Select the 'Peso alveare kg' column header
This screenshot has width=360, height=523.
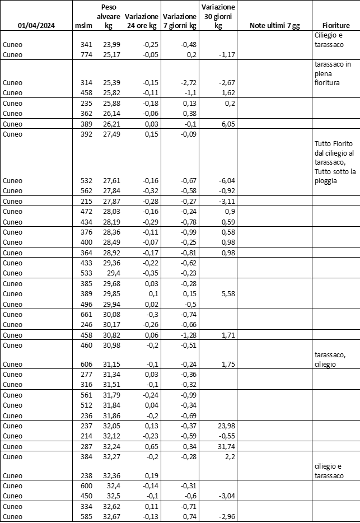pyautogui.click(x=109, y=17)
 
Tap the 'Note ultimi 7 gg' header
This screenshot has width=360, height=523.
pyautogui.click(x=274, y=26)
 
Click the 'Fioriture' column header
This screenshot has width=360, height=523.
pyautogui.click(x=336, y=26)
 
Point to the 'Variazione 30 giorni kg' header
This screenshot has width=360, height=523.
pyautogui.click(x=218, y=17)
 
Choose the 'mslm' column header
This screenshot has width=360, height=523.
pyautogui.click(x=83, y=26)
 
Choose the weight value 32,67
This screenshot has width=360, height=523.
pyautogui.click(x=113, y=517)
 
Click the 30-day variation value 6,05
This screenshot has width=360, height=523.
pyautogui.click(x=226, y=123)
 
